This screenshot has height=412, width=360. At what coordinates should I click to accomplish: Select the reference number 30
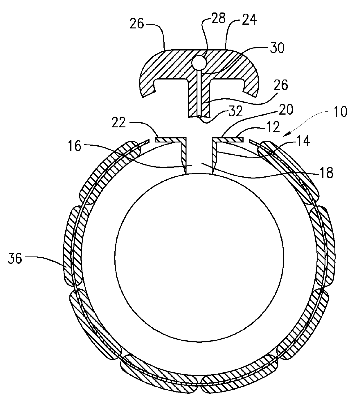(x=276, y=48)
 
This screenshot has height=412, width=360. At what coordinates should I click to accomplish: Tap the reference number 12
(x=272, y=127)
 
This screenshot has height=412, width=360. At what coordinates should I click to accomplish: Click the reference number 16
(x=75, y=147)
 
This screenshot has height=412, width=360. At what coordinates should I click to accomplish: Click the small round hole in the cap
(x=199, y=62)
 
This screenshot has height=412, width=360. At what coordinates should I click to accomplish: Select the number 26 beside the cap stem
(x=280, y=86)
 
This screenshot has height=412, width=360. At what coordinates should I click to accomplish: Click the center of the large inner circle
(x=199, y=257)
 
